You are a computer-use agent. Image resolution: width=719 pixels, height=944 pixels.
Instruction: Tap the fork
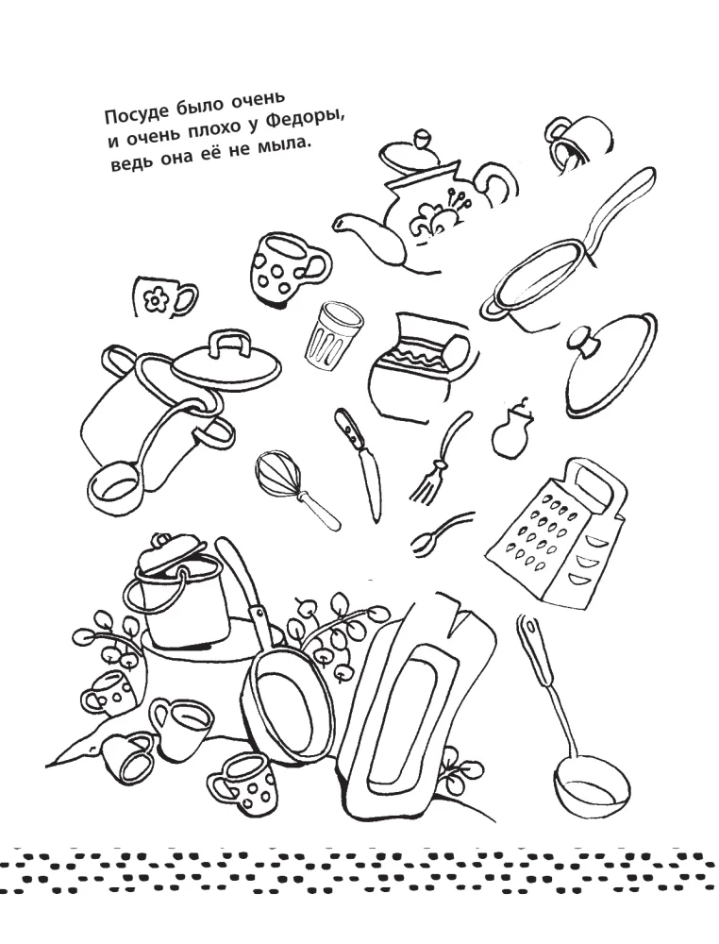pyautogui.click(x=439, y=459)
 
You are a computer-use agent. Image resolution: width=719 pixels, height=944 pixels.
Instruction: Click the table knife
pyautogui.click(x=362, y=463)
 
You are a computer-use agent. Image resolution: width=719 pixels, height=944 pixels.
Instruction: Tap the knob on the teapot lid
pyautogui.click(x=423, y=137)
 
